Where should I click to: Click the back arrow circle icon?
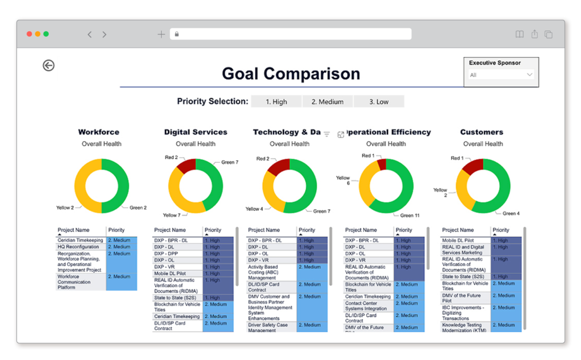pos(49,66)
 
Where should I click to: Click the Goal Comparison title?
pos(290,74)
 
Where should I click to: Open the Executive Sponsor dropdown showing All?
pos(501,75)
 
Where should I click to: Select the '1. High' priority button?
pos(276,101)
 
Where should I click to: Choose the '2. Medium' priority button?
pos(327,101)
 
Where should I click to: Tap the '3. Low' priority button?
pos(378,101)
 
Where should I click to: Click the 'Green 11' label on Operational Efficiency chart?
pos(410,215)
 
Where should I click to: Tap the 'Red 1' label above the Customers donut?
pos(457,158)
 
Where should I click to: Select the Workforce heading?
pos(99,132)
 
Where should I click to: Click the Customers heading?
pos(482,132)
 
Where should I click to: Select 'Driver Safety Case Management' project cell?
pos(268,328)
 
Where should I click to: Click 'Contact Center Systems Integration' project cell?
pos(366,306)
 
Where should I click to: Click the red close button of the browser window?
pos(29,34)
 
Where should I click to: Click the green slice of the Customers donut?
pos(502,187)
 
